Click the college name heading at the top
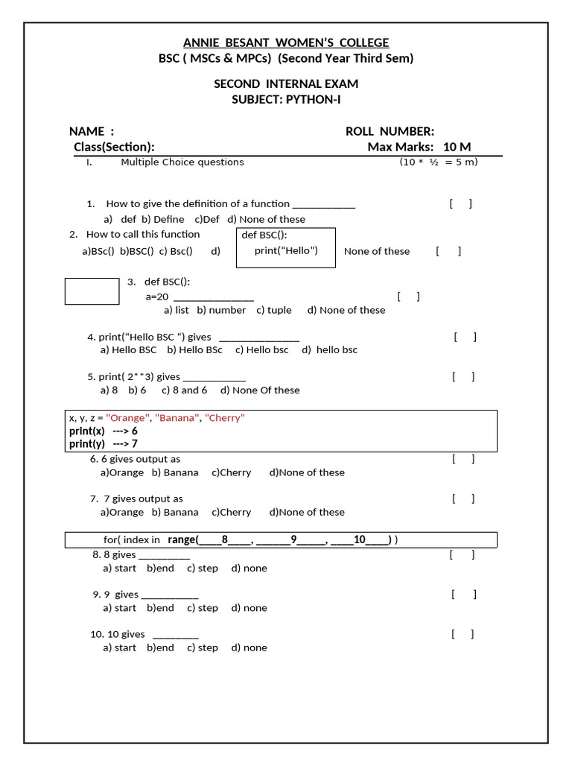286,42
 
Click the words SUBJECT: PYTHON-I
286,99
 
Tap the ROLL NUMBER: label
390,131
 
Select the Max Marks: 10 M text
419,147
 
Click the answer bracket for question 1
460,203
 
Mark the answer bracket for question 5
463,376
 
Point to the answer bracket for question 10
463,634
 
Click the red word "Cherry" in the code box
224,418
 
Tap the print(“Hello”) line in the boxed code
286,250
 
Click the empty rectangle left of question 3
92,291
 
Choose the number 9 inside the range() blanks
293,539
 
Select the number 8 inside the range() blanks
224,539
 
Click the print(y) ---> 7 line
104,443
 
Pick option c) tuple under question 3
273,310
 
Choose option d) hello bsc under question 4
329,349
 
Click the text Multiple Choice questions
182,162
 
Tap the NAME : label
92,131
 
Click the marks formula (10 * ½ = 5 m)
439,162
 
